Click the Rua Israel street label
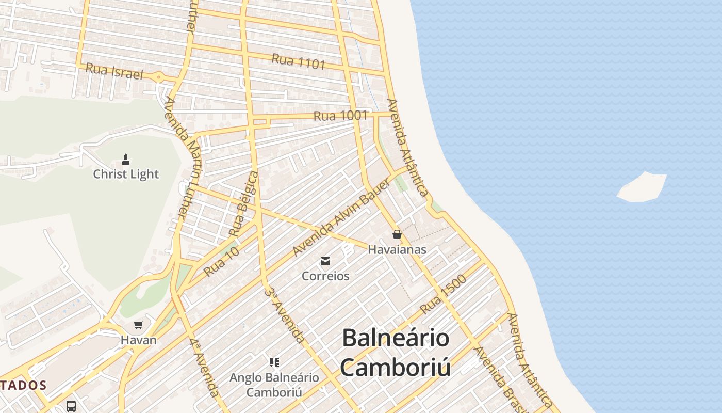(114, 71)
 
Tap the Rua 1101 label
(299, 61)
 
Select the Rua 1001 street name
(340, 116)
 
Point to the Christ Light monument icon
(126, 158)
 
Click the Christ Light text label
(126, 174)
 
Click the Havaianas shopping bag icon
(397, 235)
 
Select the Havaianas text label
(397, 250)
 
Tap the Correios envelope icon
(325, 261)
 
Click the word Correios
(325, 276)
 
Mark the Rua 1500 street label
(443, 294)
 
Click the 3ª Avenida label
(285, 314)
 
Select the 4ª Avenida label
(204, 367)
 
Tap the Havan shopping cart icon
(138, 325)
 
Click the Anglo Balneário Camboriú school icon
(274, 362)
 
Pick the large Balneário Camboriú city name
(396, 352)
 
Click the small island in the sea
(643, 187)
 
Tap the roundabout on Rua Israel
(158, 78)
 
